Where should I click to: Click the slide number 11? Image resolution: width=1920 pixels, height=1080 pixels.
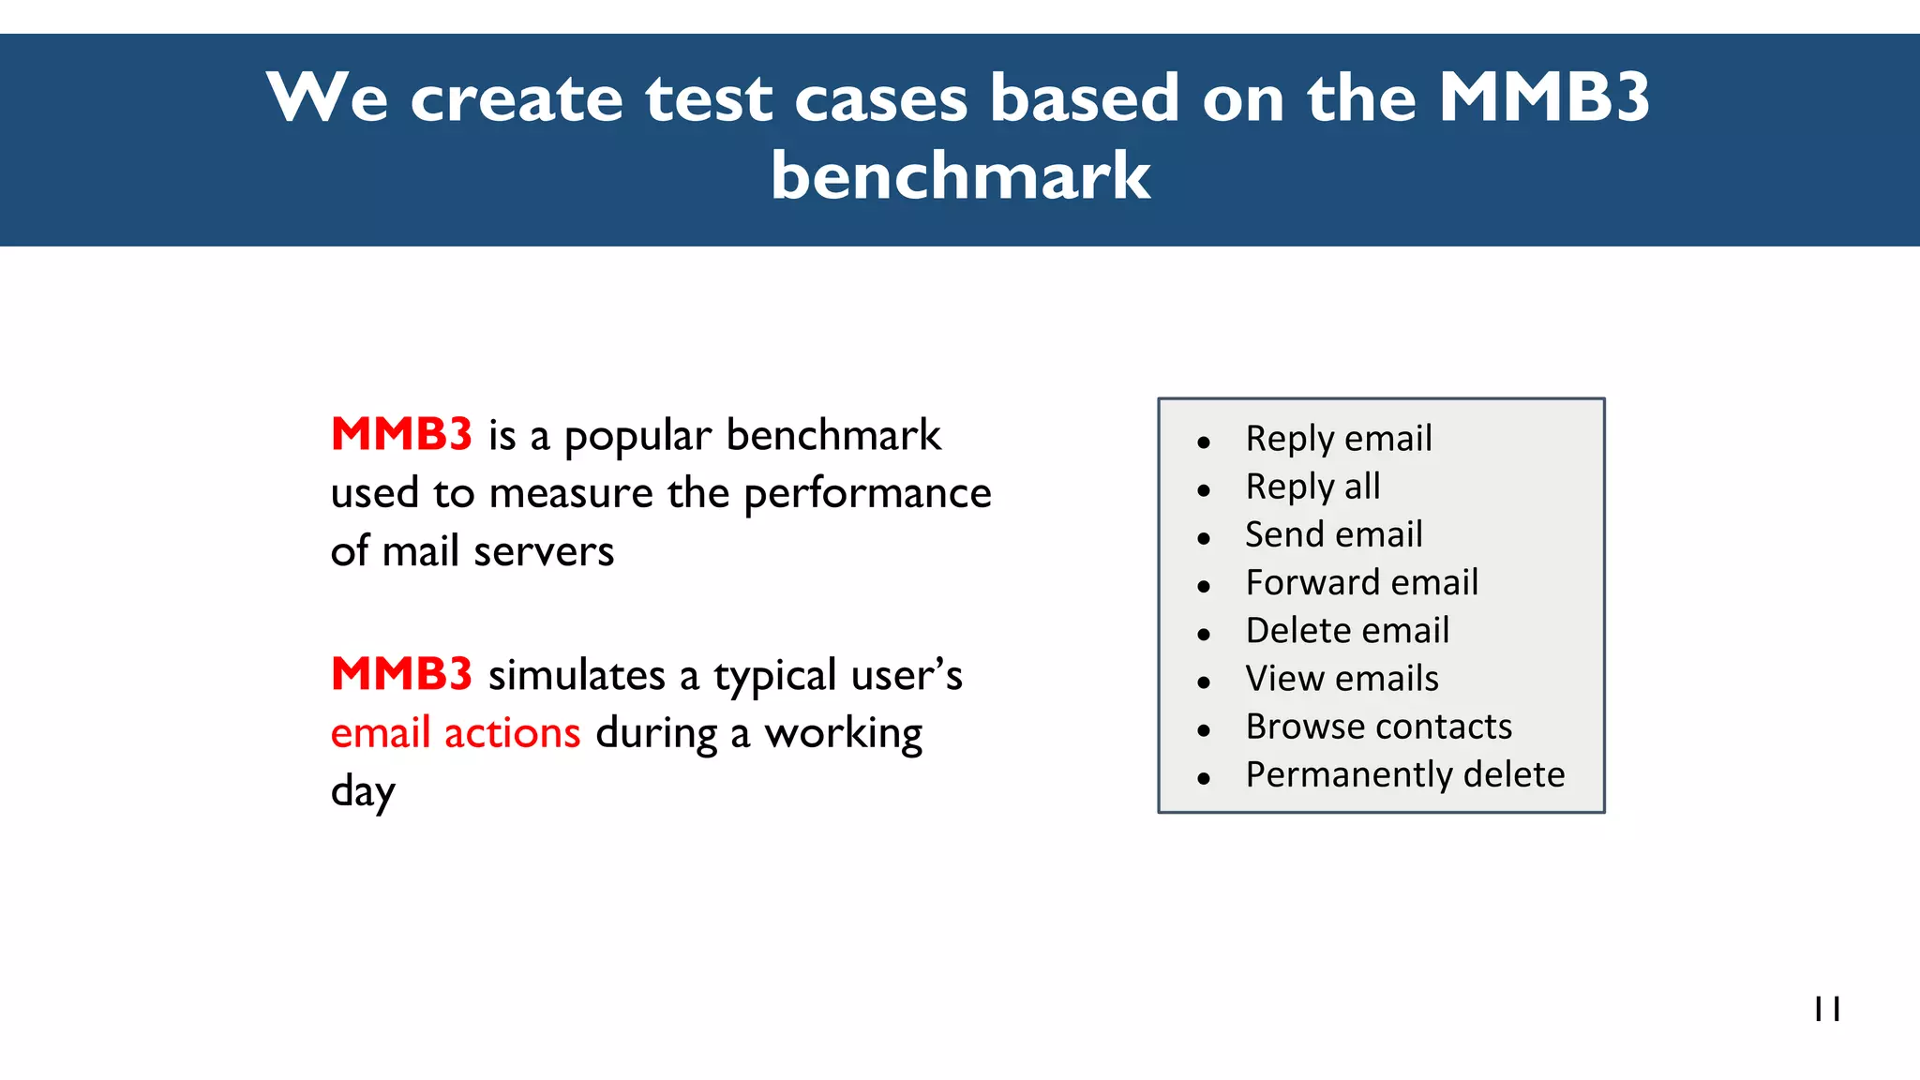pyautogui.click(x=1827, y=1009)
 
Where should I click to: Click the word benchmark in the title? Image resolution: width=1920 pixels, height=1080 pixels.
pyautogui.click(x=960, y=176)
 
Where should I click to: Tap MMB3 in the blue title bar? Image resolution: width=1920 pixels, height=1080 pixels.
pyautogui.click(x=1543, y=97)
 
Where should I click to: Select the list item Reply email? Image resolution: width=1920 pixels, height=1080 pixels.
pyautogui.click(x=1338, y=439)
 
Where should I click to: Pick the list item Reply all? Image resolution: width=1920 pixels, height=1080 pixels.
pyautogui.click(x=1312, y=487)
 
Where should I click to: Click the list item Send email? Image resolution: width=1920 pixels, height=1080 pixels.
pyautogui.click(x=1333, y=534)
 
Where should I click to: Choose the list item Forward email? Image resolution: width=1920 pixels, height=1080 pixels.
pyautogui.click(x=1361, y=582)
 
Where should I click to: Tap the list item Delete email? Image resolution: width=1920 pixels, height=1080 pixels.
pyautogui.click(x=1347, y=630)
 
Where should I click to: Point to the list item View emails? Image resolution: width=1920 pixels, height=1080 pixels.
pyautogui.click(x=1342, y=679)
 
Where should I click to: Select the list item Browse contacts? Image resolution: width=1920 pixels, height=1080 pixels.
pyautogui.click(x=1378, y=727)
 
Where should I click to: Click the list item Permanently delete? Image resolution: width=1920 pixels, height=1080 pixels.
pyautogui.click(x=1404, y=774)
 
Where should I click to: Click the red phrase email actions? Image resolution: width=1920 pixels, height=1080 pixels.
pyautogui.click(x=456, y=733)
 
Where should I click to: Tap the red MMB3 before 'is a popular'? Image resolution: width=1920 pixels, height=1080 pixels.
pyautogui.click(x=401, y=434)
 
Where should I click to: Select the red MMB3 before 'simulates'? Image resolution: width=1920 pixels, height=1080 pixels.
pyautogui.click(x=401, y=674)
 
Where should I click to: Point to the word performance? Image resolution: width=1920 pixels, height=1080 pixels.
pyautogui.click(x=866, y=494)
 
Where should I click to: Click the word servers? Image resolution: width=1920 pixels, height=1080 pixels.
pyautogui.click(x=544, y=551)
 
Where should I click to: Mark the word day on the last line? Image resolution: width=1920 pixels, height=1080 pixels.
pyautogui.click(x=363, y=792)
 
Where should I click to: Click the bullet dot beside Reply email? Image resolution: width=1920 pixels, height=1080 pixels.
pyautogui.click(x=1204, y=442)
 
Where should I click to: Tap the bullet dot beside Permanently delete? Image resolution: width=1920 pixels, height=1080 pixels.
pyautogui.click(x=1204, y=778)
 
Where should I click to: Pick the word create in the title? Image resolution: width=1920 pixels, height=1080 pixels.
pyautogui.click(x=517, y=98)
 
